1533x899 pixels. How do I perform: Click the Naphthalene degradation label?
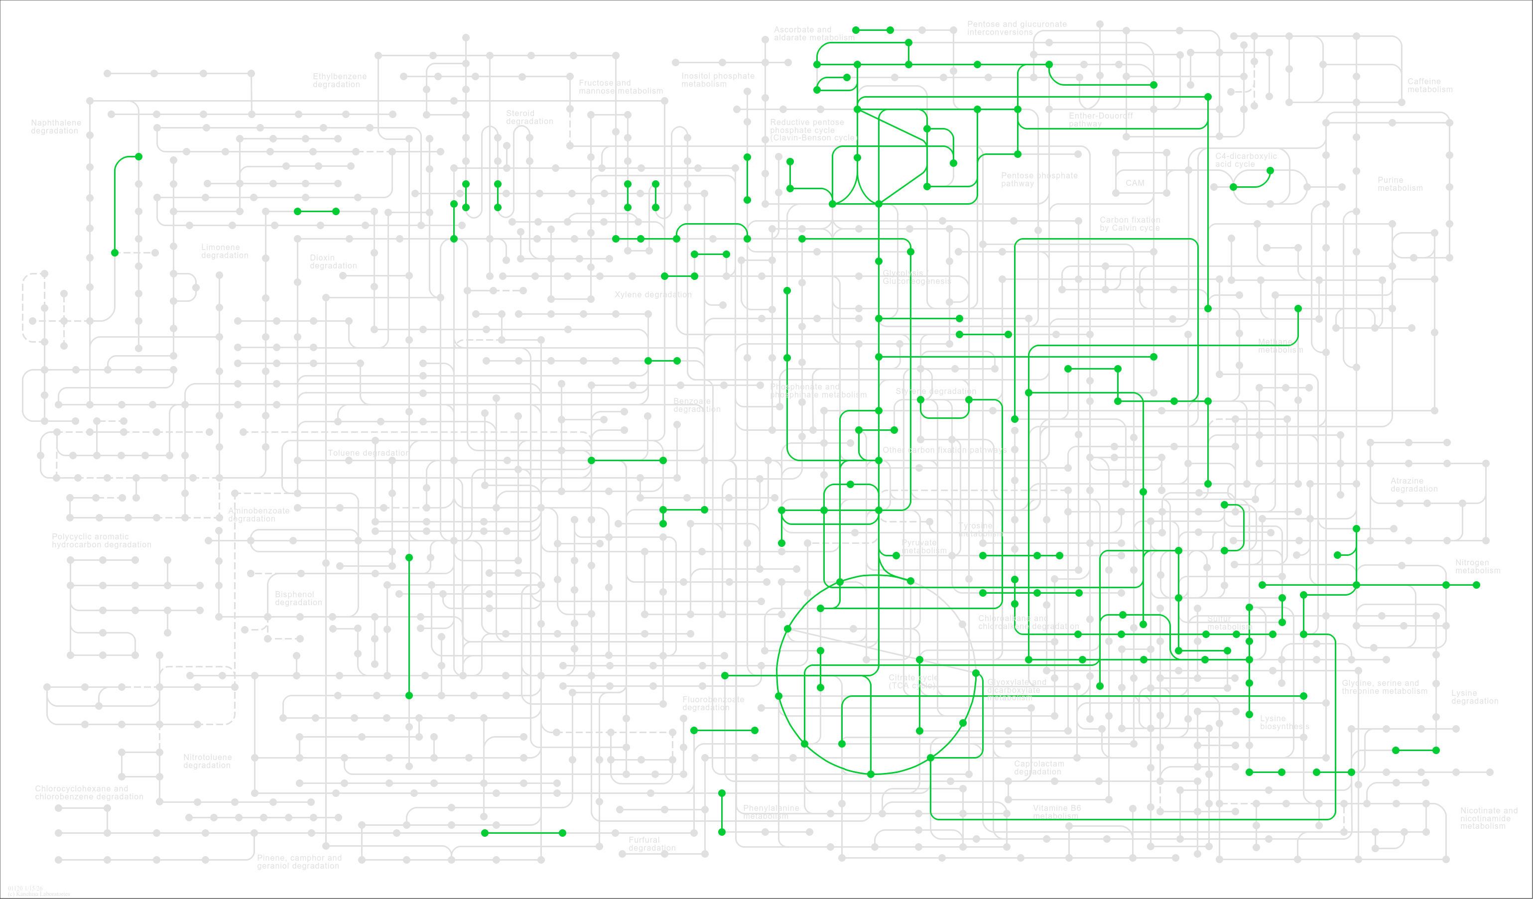coord(55,127)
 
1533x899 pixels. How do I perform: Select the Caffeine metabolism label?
coord(1429,85)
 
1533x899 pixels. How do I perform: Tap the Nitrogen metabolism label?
coord(1477,566)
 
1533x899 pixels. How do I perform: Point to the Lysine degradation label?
coord(1474,697)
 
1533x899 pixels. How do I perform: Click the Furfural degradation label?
coord(651,844)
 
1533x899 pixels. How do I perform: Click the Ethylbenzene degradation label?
coord(340,80)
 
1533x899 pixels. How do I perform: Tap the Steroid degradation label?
coord(529,117)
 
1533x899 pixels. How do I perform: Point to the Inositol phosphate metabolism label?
coord(717,80)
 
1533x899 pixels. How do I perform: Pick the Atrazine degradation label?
coord(1414,485)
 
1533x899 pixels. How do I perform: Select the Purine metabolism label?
coord(1400,184)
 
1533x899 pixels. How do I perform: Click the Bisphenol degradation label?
coord(298,598)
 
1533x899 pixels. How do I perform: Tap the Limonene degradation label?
coord(225,251)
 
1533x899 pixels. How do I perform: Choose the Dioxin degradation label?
coord(333,261)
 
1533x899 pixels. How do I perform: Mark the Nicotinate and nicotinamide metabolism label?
coord(1488,818)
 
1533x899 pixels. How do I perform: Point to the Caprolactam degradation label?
coord(1038,768)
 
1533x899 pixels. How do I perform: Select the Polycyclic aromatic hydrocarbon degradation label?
coord(101,540)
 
